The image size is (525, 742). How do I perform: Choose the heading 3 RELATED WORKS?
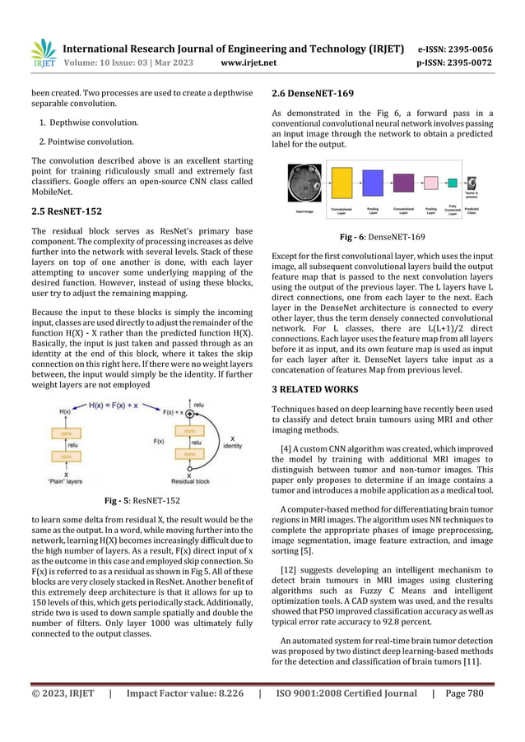[318, 387]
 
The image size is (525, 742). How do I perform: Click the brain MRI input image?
[304, 183]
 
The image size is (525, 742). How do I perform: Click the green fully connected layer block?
[453, 183]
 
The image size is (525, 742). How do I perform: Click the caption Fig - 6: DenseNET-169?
[383, 237]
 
